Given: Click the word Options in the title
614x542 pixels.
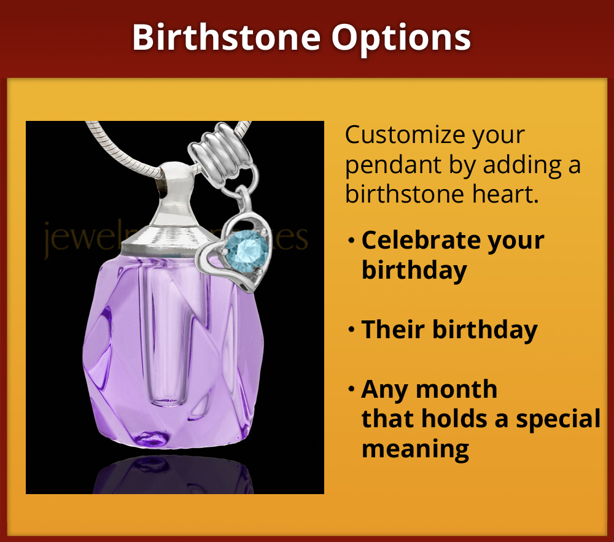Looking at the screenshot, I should point(402,37).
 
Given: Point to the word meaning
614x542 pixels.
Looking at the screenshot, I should point(415,449).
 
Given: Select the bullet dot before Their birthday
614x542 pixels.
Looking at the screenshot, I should point(351,330).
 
